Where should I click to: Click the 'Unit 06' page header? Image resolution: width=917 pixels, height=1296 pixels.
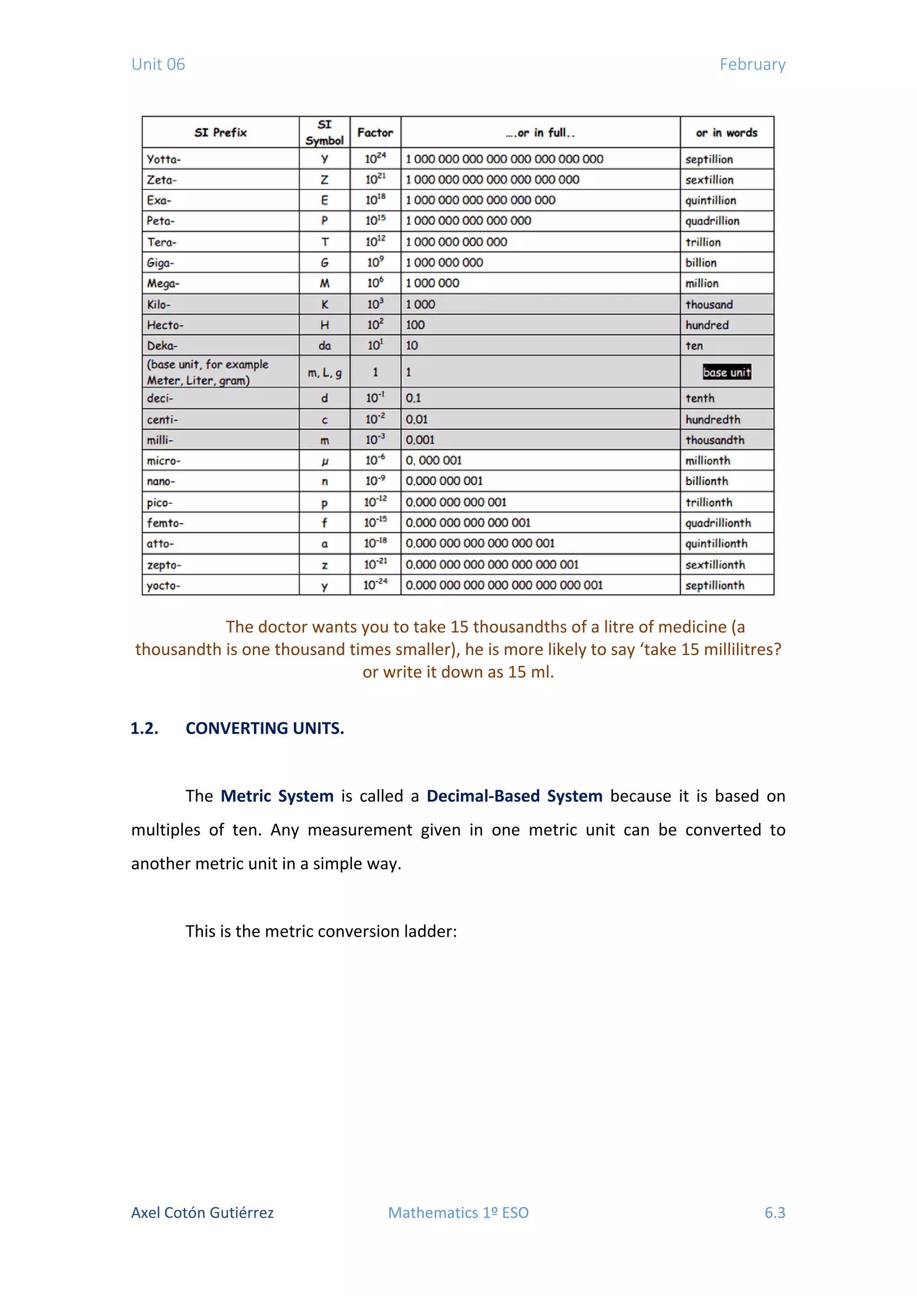click(x=158, y=64)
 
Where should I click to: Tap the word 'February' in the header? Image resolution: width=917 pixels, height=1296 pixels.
click(x=752, y=64)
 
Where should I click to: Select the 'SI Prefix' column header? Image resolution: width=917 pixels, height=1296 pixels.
click(x=220, y=132)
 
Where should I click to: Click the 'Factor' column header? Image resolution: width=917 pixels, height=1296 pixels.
click(x=375, y=132)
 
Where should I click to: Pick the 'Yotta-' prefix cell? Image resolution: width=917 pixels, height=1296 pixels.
click(x=164, y=159)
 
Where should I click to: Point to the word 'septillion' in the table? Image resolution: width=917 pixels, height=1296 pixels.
click(x=709, y=159)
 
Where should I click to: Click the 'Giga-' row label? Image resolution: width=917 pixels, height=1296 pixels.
click(x=160, y=263)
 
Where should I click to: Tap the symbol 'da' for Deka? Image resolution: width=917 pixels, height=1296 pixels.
click(x=325, y=345)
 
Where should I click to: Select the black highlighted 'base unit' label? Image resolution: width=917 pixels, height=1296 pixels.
click(x=727, y=372)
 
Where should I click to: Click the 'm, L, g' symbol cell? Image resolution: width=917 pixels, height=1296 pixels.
click(x=325, y=372)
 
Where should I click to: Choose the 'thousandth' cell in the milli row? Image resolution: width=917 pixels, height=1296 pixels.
click(x=715, y=440)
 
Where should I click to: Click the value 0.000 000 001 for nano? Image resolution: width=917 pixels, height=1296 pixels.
click(x=444, y=481)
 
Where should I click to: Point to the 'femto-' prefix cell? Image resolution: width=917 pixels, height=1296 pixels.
click(x=165, y=523)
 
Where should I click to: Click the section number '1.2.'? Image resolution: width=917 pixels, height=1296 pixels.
click(x=145, y=728)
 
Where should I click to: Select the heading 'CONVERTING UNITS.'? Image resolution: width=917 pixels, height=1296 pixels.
click(x=265, y=728)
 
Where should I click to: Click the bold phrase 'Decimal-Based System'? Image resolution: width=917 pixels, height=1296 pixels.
click(x=514, y=796)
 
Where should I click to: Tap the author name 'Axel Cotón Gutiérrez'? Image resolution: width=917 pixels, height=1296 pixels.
click(x=202, y=1212)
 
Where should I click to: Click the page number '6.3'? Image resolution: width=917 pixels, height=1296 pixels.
click(x=775, y=1212)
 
